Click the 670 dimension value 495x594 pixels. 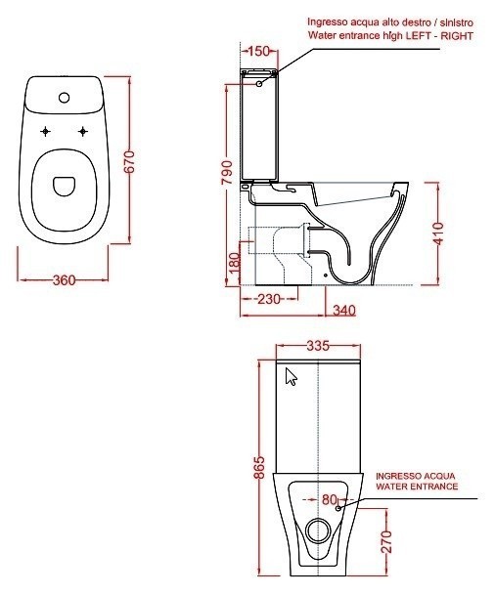click(130, 161)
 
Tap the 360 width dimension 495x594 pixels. click(65, 280)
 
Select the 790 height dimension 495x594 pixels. click(226, 173)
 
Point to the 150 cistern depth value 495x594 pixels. click(259, 51)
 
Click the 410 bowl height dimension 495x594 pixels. click(438, 233)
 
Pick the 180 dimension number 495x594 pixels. click(235, 263)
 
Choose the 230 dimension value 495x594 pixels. click(269, 299)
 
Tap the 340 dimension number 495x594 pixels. click(344, 311)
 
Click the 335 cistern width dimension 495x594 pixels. click(318, 346)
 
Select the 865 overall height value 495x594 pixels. click(259, 467)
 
